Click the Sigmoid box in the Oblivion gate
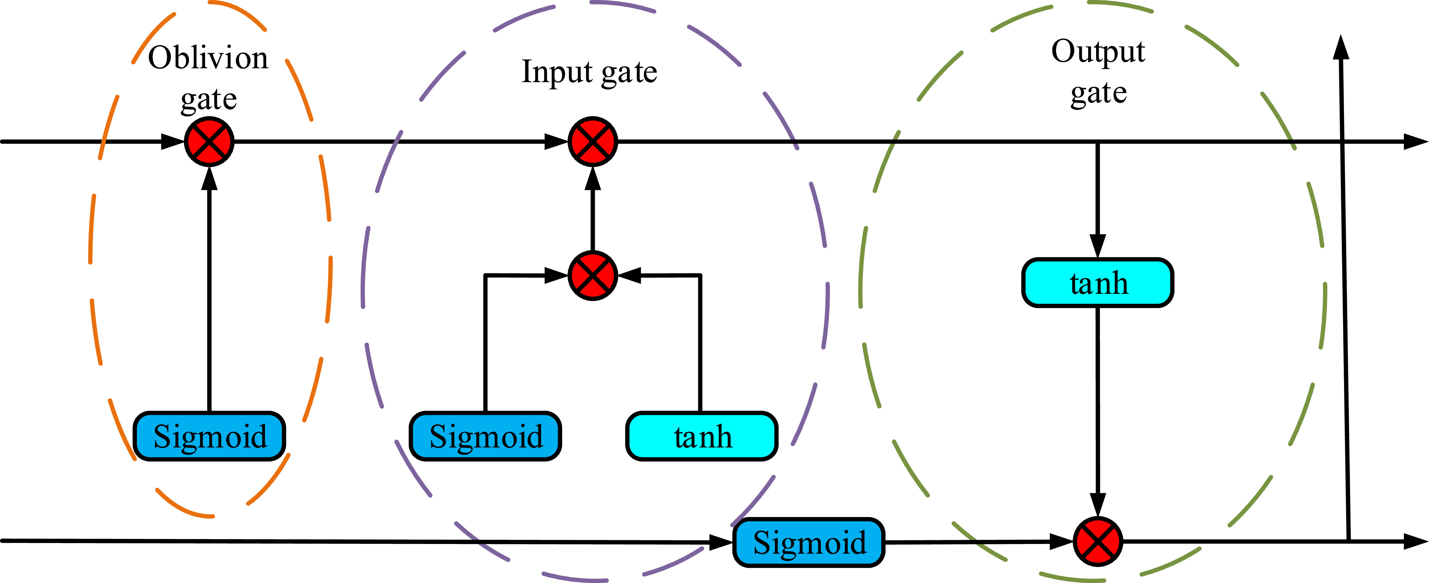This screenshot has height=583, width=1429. (209, 436)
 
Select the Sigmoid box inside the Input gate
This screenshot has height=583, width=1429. (485, 436)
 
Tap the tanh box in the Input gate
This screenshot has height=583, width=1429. (702, 436)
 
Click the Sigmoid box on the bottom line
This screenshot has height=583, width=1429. (809, 542)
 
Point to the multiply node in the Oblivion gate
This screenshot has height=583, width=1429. (209, 141)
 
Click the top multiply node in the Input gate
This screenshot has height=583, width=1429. (593, 141)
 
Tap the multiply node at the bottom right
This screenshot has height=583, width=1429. (1097, 541)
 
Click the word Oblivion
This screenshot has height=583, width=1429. (208, 58)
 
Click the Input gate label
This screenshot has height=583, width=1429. (589, 72)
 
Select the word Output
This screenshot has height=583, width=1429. (1098, 52)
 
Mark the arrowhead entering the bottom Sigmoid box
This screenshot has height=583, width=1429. (721, 542)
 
